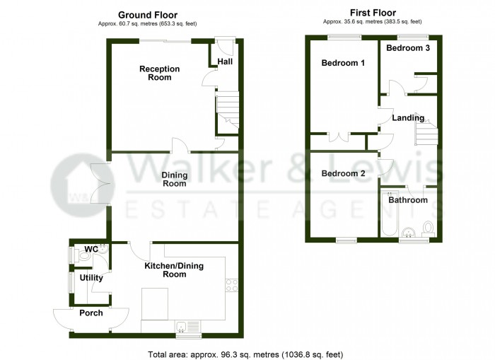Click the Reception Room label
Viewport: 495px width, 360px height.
coord(160,73)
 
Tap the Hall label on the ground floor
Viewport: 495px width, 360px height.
coord(225,62)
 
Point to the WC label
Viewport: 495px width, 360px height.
coord(91,250)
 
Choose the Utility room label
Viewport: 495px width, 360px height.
coord(91,278)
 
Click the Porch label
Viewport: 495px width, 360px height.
coord(91,313)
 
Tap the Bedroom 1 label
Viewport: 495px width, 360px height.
coord(343,63)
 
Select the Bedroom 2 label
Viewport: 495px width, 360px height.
coord(343,173)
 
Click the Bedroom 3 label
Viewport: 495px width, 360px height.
coord(408,48)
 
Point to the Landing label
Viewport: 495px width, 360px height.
coord(408,118)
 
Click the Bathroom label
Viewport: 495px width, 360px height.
coord(408,200)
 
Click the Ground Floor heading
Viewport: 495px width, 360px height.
coord(148,14)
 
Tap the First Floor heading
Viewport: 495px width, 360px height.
coord(373,13)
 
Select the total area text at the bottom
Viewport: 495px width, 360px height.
coord(245,354)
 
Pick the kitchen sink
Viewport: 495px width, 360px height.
coord(190,327)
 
